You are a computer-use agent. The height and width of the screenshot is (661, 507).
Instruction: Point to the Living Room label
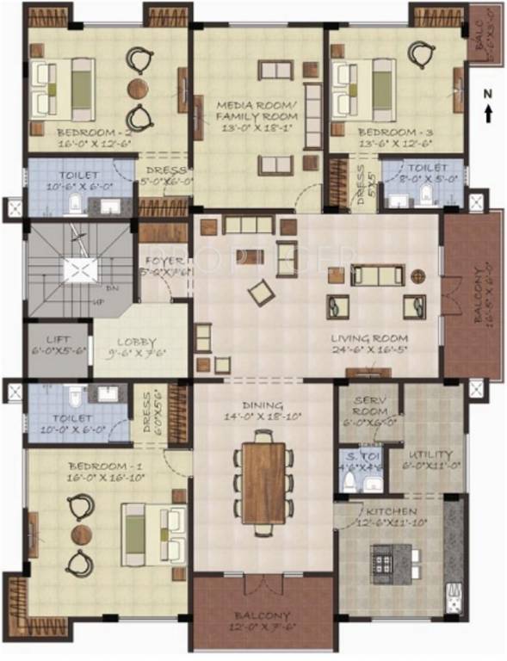point(369,337)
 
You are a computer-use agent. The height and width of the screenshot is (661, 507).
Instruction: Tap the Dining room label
point(263,405)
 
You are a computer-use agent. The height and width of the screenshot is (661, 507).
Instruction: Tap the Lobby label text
point(136,341)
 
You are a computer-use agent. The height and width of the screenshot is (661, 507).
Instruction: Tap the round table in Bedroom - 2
point(138,88)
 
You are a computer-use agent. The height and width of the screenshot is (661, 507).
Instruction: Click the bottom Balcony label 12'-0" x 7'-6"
point(263,616)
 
